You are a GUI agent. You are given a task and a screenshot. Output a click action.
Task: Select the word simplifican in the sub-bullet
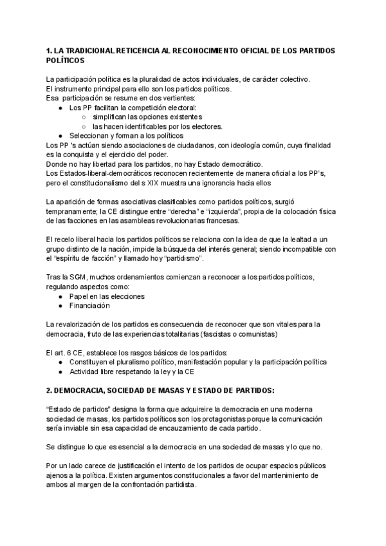coord(112,117)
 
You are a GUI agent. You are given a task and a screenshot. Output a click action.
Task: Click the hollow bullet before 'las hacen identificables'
coord(84,127)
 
